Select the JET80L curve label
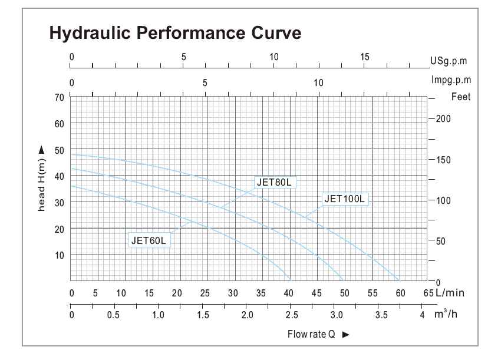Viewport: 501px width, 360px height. [274, 182]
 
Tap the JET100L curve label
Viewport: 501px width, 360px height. [345, 199]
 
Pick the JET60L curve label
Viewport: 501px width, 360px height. [149, 240]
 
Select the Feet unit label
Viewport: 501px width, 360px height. [461, 97]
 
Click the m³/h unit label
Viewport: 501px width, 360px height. [447, 313]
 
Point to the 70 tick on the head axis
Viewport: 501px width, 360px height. [59, 97]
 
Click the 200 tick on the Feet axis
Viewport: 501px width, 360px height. [443, 119]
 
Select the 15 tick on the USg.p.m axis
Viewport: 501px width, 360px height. [365, 57]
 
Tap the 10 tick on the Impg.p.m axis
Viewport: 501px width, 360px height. [319, 82]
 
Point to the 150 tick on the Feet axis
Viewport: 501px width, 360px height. [443, 160]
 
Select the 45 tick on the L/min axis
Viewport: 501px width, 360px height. [317, 293]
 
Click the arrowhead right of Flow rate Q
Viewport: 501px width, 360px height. [346, 335]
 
